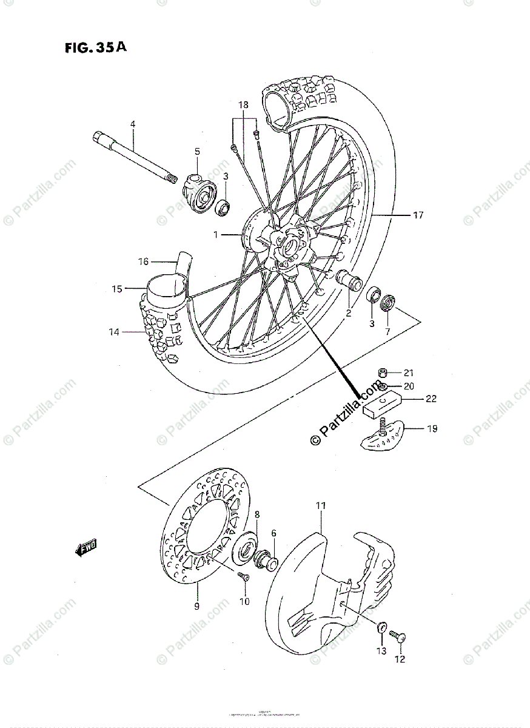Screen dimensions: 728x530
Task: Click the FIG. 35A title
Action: click(x=94, y=49)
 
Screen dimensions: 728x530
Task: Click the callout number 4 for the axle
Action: click(x=132, y=124)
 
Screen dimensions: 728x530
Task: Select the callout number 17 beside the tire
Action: click(x=418, y=215)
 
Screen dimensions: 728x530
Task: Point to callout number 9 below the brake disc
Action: click(x=196, y=605)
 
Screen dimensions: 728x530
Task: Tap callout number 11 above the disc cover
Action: click(x=321, y=505)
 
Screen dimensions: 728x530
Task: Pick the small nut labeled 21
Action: click(x=383, y=372)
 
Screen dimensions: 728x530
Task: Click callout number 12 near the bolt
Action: click(x=400, y=659)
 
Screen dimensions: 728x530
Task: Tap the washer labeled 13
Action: click(x=383, y=627)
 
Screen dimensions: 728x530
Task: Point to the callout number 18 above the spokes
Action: click(x=243, y=105)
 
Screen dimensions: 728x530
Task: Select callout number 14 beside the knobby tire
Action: click(x=115, y=332)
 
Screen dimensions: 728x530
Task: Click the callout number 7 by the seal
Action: click(x=387, y=332)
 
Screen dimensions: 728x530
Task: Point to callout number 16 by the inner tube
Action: click(x=143, y=261)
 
